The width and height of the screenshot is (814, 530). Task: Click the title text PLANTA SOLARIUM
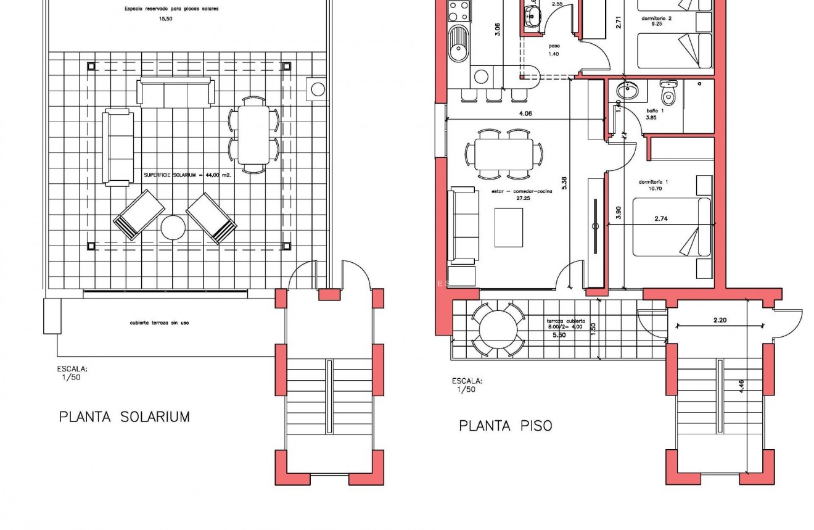(124, 417)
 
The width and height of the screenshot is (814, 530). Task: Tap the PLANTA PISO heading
(505, 426)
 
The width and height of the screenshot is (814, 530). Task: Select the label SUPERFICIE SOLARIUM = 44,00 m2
(187, 175)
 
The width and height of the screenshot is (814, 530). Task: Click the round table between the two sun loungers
(173, 228)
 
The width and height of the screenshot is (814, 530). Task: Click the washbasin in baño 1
(628, 91)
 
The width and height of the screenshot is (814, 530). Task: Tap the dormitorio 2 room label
(656, 19)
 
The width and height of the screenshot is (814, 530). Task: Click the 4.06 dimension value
(525, 114)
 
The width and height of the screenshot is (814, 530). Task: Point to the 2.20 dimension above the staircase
(720, 320)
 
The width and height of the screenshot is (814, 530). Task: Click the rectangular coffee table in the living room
(509, 227)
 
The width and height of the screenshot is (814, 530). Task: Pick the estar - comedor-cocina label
(522, 192)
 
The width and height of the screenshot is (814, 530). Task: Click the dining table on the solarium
(253, 134)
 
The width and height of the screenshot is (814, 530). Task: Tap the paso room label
(553, 45)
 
